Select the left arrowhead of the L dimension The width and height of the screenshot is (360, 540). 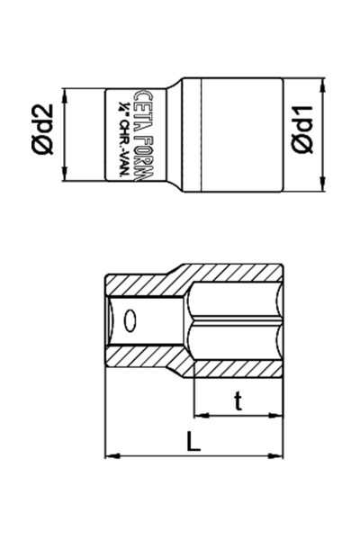click(x=112, y=454)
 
